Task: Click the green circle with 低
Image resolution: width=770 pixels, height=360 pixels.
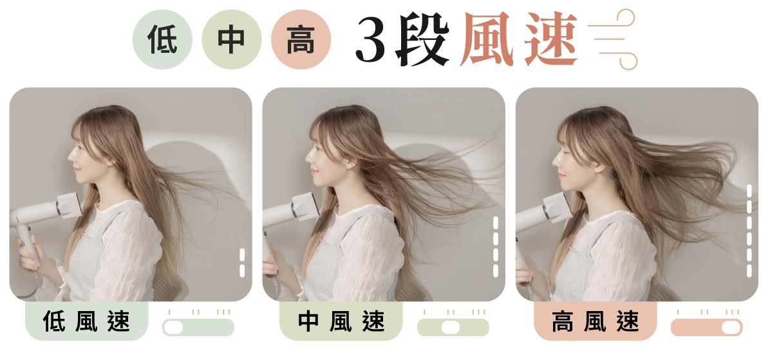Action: click(162, 39)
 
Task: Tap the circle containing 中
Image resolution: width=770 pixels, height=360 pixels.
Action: click(231, 39)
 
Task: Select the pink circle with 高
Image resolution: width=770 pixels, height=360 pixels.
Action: click(301, 39)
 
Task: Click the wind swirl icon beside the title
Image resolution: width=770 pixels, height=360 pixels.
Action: click(612, 39)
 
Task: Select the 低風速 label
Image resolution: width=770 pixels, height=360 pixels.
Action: click(86, 321)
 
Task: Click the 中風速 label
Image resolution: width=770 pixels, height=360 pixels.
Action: click(341, 321)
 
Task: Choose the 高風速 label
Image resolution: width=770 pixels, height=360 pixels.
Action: click(595, 321)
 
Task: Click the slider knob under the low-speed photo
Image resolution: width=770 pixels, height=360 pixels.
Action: click(173, 328)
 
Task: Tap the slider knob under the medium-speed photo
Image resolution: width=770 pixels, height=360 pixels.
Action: click(450, 328)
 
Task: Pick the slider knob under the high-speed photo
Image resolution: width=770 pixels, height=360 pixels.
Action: click(732, 328)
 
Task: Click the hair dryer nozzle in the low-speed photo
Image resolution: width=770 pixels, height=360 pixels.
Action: click(69, 206)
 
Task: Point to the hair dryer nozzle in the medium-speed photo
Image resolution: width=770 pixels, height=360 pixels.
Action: click(306, 206)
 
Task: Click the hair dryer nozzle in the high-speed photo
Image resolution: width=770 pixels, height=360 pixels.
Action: click(558, 207)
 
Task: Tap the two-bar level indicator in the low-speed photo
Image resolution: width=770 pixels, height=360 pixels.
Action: click(242, 263)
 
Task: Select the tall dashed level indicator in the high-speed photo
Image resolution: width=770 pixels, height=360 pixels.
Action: click(749, 231)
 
